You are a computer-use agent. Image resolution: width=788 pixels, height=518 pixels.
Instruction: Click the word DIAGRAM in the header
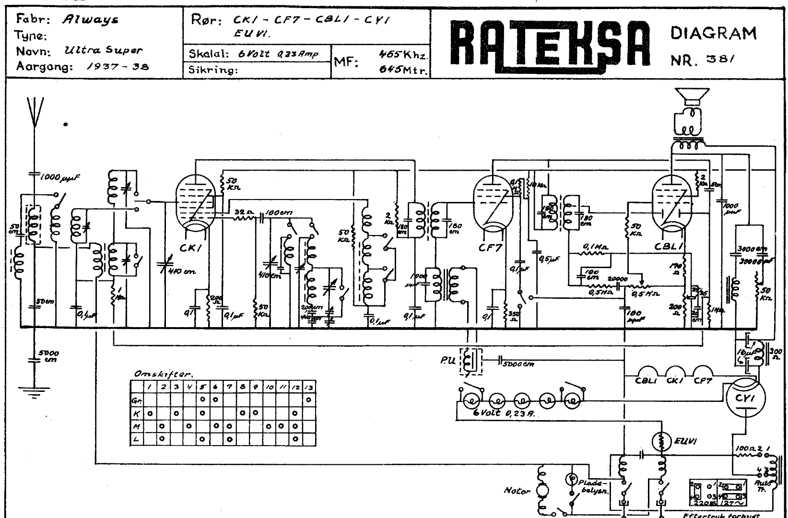[713, 34]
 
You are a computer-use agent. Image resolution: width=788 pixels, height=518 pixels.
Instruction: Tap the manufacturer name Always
[90, 20]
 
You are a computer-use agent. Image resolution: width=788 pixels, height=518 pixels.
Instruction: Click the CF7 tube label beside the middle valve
[489, 248]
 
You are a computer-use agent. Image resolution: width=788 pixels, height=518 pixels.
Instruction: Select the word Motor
[517, 491]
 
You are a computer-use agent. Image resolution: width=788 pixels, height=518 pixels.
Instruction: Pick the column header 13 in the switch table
[309, 387]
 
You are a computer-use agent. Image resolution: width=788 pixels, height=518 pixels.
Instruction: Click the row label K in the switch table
[136, 412]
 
